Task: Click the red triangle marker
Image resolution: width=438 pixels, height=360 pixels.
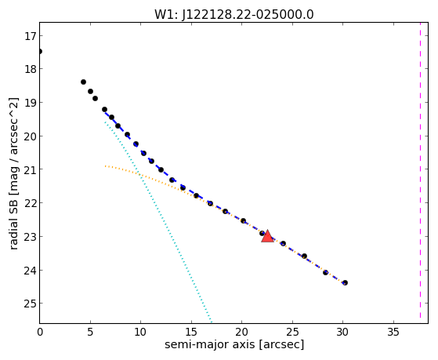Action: point(267,237)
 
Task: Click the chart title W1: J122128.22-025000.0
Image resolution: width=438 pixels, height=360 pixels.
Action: point(234,14)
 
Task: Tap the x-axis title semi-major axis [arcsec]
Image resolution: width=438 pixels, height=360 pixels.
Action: point(234,344)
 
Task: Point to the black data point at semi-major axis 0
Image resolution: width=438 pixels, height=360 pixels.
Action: point(40,51)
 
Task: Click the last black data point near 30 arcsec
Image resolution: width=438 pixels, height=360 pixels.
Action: point(345,283)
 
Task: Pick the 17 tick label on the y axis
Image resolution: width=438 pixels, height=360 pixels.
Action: point(30,36)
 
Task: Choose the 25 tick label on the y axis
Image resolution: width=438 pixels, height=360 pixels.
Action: point(30,304)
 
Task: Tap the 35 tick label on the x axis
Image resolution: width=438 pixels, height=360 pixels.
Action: point(393,332)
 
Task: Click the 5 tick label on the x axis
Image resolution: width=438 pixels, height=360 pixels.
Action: point(90,332)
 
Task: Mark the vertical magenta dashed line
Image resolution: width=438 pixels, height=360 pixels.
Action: point(420,170)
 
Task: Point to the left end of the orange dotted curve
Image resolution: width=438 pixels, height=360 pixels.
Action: point(105,166)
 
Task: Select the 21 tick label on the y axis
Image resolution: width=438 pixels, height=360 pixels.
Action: point(30,170)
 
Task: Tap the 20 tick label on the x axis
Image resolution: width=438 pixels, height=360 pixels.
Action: point(242,332)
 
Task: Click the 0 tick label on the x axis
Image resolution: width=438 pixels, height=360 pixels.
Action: point(40,332)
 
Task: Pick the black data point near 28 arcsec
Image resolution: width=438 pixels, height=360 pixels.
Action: point(325,272)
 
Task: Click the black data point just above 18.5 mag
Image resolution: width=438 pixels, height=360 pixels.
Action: point(83,82)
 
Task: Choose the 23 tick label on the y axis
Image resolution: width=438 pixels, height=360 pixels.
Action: point(30,237)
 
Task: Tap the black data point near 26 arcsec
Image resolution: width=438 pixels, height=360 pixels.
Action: point(304,256)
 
